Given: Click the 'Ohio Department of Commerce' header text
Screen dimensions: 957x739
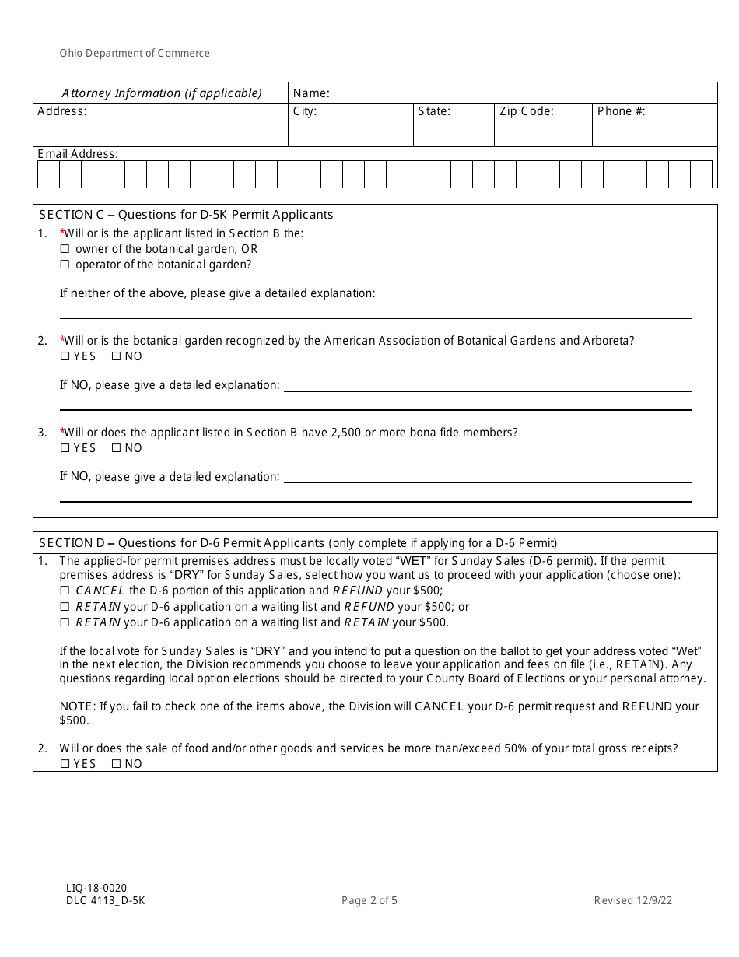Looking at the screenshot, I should tap(135, 54).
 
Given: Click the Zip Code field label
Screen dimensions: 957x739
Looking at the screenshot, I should tap(527, 111).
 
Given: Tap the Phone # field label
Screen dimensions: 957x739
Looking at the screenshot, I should tap(621, 111).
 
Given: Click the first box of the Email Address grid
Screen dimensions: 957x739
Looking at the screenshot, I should tap(48, 174).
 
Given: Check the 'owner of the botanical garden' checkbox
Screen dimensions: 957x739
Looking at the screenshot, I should tap(65, 250).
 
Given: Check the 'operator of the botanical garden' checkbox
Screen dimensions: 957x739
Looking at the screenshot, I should tap(65, 265).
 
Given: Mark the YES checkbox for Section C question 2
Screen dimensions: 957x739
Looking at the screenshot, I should tap(65, 356).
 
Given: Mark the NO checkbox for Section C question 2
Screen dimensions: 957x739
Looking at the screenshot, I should tap(116, 356).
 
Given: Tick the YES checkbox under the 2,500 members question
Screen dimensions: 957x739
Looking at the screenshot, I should tap(65, 448).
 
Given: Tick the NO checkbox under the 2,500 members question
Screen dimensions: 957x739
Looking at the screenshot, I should tap(116, 448).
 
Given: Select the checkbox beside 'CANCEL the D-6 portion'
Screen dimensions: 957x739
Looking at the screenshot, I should tap(65, 591).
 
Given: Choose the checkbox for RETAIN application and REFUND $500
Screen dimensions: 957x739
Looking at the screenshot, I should tap(65, 607).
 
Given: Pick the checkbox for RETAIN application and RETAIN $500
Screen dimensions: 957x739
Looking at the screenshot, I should tap(65, 622).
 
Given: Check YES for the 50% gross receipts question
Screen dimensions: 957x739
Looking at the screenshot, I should tap(65, 764).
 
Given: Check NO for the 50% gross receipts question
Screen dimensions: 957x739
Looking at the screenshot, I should tap(116, 764).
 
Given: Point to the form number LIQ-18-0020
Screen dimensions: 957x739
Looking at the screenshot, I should tap(96, 888).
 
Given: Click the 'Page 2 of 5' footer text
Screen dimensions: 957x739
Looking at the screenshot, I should tap(369, 901).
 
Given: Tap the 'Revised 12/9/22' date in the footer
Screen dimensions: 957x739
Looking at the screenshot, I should tap(633, 901).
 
